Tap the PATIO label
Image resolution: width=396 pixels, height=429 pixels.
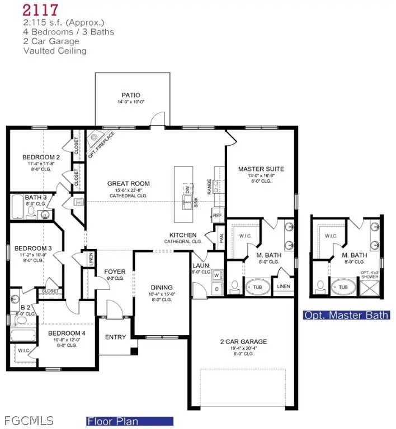coord(130,95)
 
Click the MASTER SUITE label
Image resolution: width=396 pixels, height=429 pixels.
coord(261,169)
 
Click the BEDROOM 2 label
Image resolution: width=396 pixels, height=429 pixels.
coord(41,158)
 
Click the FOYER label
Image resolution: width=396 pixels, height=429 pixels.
coord(115,272)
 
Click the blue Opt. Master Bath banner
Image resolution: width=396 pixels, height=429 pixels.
coord(346,315)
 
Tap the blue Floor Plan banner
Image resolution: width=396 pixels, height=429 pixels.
coord(130,421)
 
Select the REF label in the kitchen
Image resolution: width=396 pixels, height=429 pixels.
coord(217,214)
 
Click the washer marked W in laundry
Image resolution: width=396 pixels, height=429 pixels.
coord(216,274)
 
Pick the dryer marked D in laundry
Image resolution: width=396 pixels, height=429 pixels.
coord(216,289)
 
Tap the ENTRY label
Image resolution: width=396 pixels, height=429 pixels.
coord(115,337)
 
